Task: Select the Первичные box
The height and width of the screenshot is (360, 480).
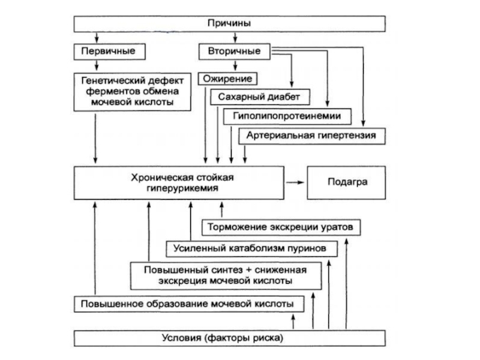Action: (x=109, y=52)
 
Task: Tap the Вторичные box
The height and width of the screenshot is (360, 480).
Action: (x=235, y=52)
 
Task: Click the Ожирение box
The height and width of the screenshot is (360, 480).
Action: (x=228, y=79)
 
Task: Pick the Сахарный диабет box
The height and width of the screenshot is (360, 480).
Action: (x=260, y=97)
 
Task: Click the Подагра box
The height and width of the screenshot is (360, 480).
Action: (x=347, y=182)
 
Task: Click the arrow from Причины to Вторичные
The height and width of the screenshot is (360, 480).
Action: (x=235, y=38)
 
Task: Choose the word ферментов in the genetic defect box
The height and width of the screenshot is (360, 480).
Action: (x=104, y=92)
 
